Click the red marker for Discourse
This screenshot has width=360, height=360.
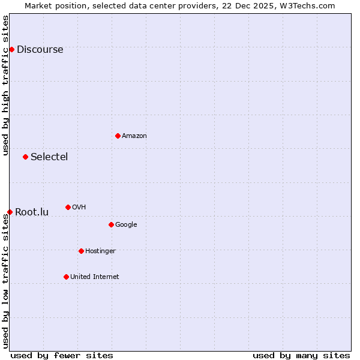point(11,49)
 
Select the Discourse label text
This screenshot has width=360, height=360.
point(40,50)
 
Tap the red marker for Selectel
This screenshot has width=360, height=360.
point(25,157)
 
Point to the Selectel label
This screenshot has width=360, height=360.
point(49,157)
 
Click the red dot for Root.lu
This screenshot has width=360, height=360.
point(10,212)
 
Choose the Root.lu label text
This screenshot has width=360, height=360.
point(32,212)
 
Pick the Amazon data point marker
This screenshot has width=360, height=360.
point(118,136)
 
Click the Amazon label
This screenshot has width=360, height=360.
point(134,136)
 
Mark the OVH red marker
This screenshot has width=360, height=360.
point(68,207)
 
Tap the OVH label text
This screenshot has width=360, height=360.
point(79,208)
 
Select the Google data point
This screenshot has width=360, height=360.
point(111,224)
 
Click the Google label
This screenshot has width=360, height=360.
point(126,225)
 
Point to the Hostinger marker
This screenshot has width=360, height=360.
point(81,251)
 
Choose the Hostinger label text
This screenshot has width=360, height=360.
point(100,251)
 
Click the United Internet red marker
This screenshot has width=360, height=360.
point(66,277)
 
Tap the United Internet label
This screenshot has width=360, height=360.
point(95,277)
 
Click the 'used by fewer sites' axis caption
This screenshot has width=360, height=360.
point(62,355)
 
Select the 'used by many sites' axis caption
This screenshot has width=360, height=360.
point(301,355)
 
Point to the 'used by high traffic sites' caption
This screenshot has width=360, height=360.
point(5,85)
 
